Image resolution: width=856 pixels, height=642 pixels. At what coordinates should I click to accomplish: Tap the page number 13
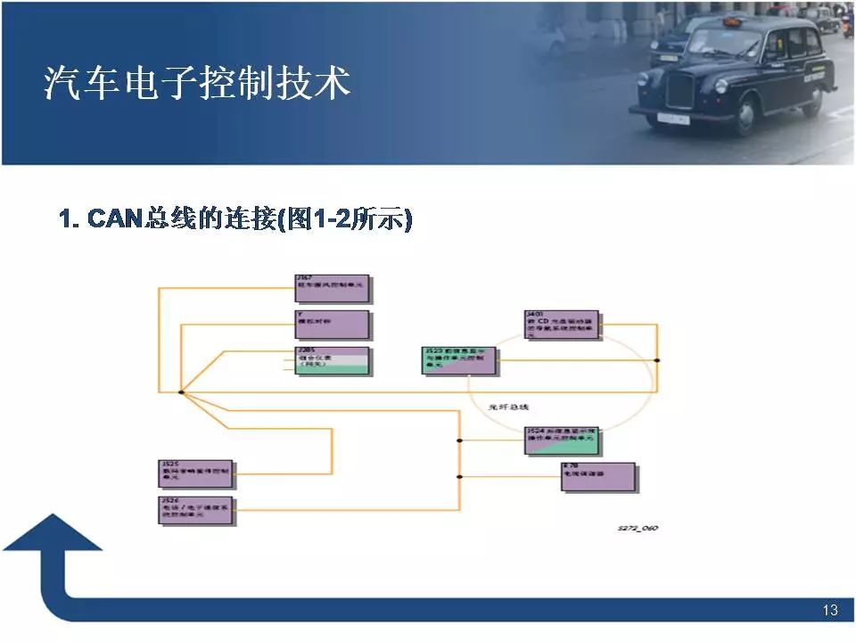[830, 611]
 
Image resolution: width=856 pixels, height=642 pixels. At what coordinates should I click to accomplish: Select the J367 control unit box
[332, 289]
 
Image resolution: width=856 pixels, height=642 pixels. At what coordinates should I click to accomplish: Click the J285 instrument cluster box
[332, 360]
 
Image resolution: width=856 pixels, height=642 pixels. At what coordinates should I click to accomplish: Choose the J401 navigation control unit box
[562, 325]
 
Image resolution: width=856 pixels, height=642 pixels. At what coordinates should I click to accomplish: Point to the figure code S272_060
[638, 529]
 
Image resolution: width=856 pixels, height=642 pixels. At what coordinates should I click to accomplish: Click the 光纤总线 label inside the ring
[509, 407]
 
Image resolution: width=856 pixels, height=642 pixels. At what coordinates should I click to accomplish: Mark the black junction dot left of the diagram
[180, 391]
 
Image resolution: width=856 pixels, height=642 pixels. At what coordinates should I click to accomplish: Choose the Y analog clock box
[332, 325]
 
